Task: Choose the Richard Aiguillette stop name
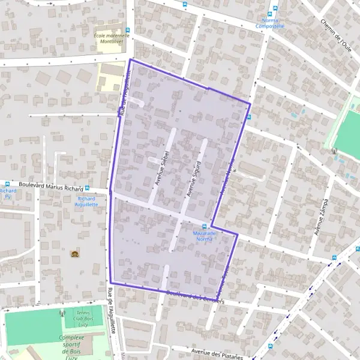pyautogui.click(x=87, y=202)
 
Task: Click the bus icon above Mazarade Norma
pyautogui.click(x=204, y=226)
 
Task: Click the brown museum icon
pyautogui.click(x=74, y=254)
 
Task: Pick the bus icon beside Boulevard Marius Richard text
pyautogui.click(x=88, y=188)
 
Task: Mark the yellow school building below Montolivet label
pyautogui.click(x=112, y=77)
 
